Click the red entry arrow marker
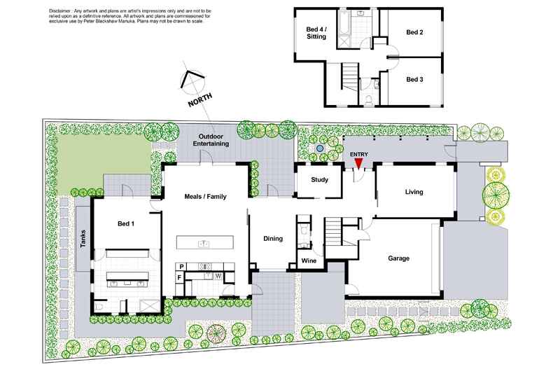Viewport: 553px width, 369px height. coord(358,163)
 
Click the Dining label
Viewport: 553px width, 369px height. coord(273,239)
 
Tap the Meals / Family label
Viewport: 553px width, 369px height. coord(205,197)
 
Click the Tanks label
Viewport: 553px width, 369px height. coord(83,241)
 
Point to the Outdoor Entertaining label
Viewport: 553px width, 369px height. coord(213,139)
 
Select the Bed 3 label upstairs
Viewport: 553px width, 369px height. coord(416,79)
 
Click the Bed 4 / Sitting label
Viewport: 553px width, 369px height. coord(316,32)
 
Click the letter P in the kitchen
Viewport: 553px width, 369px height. coord(182,267)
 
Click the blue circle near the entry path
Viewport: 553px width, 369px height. coord(319,149)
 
